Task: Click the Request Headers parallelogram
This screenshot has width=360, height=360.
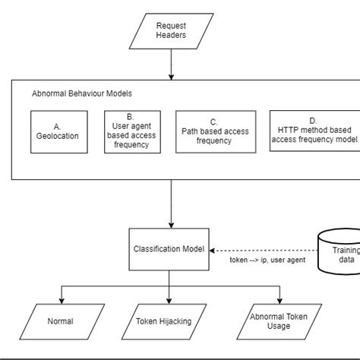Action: tap(171, 30)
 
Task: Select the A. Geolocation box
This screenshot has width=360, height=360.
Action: tap(61, 131)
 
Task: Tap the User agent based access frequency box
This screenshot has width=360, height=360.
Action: tap(132, 131)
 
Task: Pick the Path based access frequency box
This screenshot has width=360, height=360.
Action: tap(213, 131)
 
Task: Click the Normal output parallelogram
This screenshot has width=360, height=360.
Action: tap(61, 321)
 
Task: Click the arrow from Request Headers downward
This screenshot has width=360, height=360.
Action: tap(171, 64)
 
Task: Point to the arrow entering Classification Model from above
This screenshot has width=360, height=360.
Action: tap(171, 205)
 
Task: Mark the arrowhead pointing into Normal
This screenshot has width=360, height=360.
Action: tap(61, 299)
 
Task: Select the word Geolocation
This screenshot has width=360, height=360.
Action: tap(61, 136)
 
